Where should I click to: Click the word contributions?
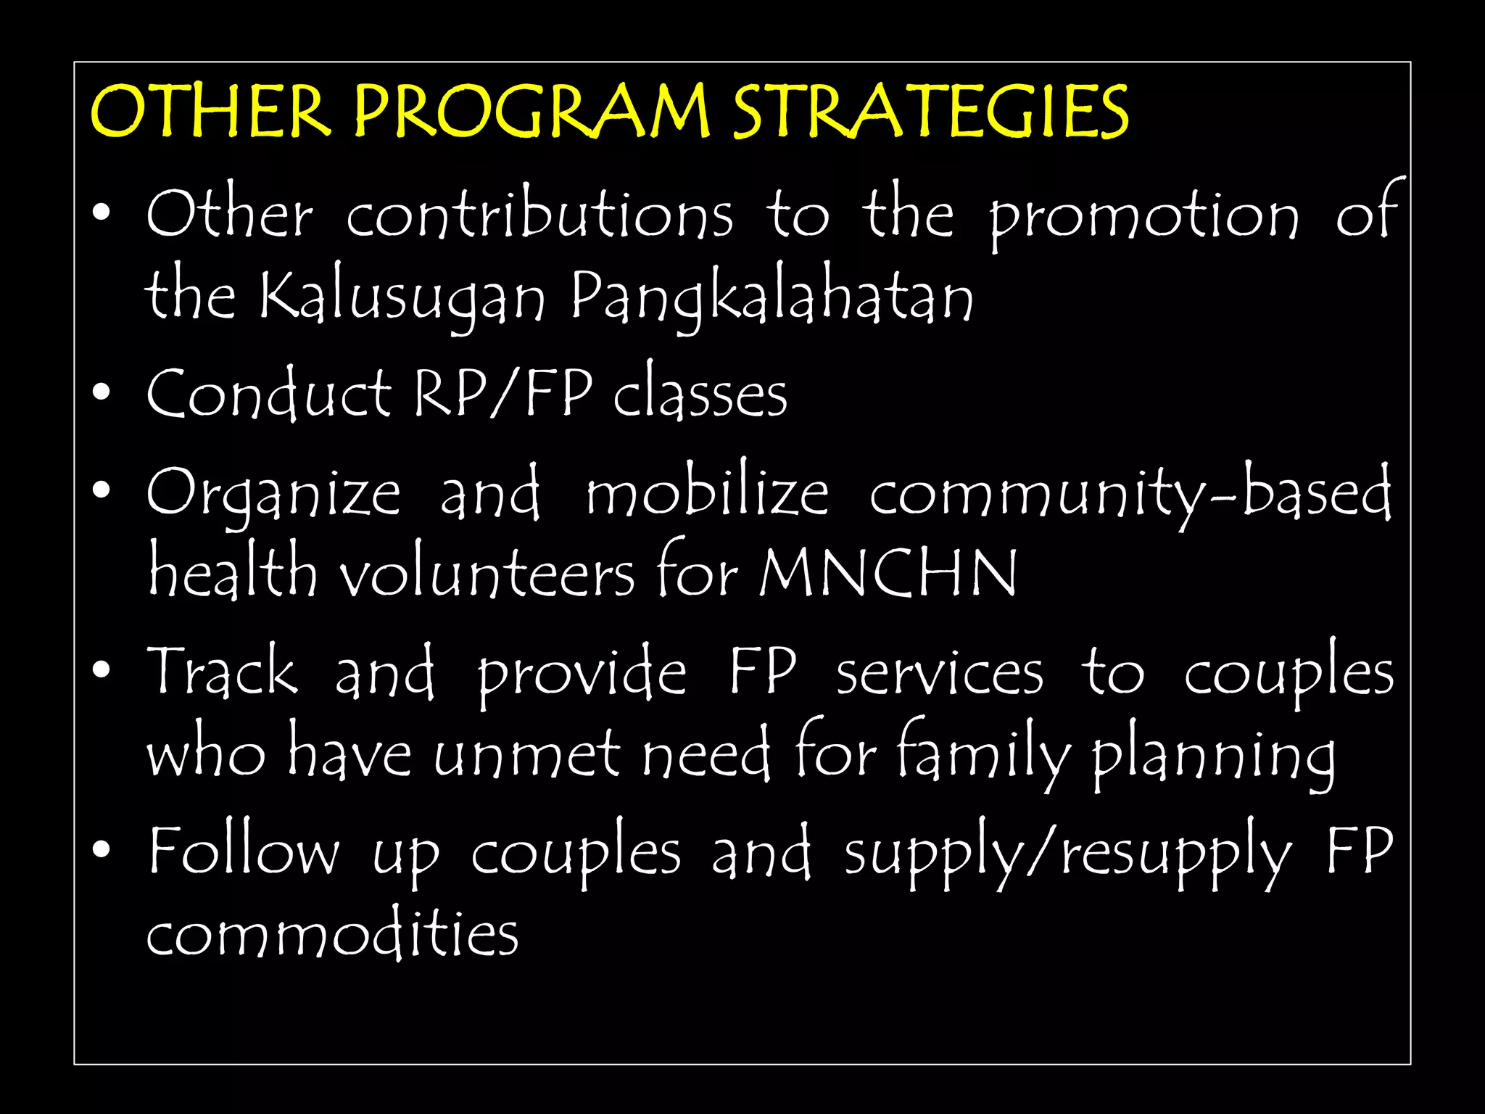click(x=539, y=215)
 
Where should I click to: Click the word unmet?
click(x=526, y=754)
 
